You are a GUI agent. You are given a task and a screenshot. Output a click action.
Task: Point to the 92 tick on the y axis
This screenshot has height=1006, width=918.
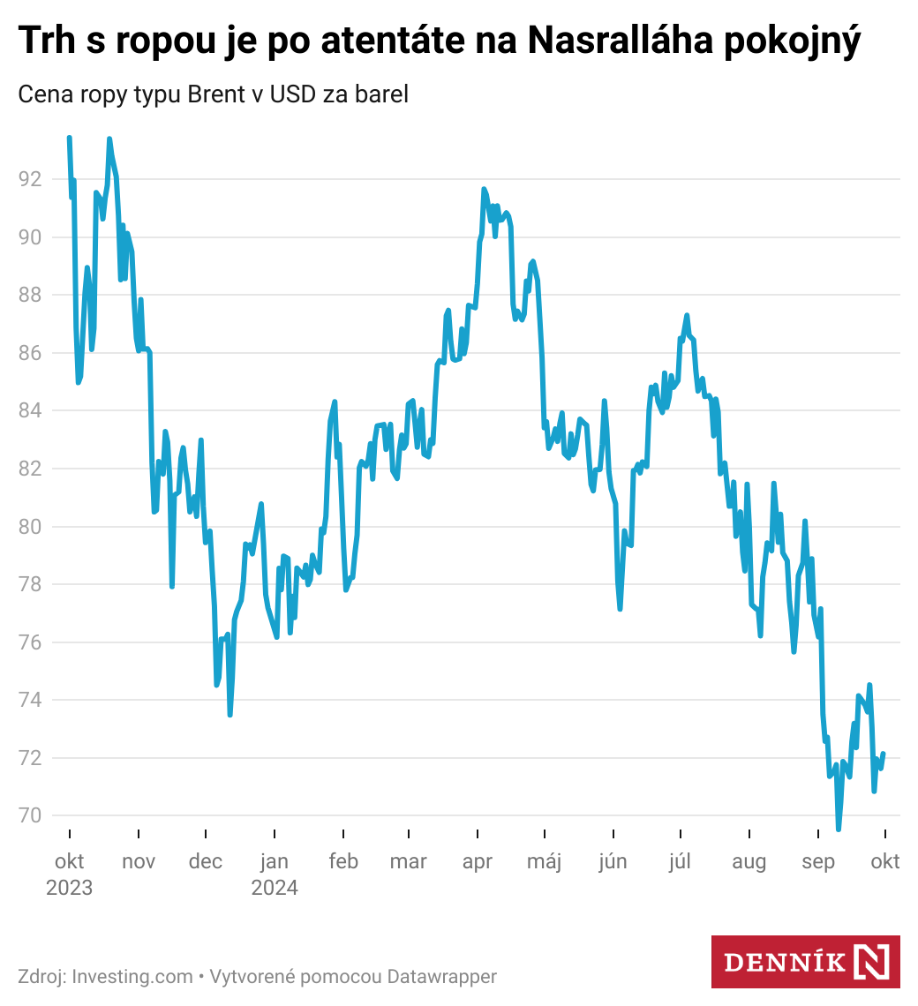point(30,179)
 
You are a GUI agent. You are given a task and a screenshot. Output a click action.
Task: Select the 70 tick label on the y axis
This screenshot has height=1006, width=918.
point(30,816)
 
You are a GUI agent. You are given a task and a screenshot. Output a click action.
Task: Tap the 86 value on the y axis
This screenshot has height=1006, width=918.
point(30,353)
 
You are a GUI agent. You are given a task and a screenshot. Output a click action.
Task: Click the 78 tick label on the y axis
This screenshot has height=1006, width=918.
point(30,584)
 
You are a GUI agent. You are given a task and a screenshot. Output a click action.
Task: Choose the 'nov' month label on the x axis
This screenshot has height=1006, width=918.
point(139,862)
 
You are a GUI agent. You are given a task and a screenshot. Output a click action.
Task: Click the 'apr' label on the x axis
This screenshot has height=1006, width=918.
point(478,862)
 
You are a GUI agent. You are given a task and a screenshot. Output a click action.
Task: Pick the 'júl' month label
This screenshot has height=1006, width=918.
point(680,862)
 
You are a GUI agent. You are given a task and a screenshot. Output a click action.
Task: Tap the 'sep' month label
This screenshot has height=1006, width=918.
point(818,862)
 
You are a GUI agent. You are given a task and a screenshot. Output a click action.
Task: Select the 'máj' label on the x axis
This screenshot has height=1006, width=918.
point(544,862)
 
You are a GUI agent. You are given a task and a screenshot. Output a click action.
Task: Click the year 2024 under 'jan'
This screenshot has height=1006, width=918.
point(275,888)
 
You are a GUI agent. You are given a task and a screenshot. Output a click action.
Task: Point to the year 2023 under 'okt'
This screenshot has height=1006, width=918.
point(69,888)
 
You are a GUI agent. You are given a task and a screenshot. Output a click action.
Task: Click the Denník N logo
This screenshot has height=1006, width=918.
point(805,961)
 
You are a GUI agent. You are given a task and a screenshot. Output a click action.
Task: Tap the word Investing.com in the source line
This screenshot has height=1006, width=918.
point(132,977)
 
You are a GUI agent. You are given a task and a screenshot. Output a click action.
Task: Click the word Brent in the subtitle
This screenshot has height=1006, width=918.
point(217,94)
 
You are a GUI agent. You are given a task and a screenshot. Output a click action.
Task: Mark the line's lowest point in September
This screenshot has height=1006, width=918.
point(839,830)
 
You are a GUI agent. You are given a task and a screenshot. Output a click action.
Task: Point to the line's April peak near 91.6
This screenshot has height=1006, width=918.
point(484,189)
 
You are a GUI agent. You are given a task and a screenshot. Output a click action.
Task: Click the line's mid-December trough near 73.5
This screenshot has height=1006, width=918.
point(230,714)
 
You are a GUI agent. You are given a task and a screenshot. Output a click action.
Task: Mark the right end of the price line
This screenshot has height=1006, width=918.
point(884,754)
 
